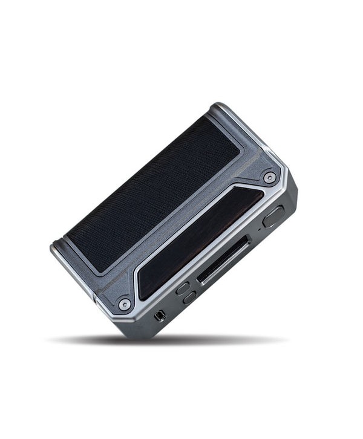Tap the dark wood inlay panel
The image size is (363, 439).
pos(200,242)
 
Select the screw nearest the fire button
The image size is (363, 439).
pos(270,177)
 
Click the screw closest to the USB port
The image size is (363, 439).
pos(125,304)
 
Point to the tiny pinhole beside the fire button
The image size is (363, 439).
pos(260,229)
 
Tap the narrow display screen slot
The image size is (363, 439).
pos(224,261)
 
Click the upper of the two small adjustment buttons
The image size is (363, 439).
pos(182,288)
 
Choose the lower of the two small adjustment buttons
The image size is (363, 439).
pos(190,297)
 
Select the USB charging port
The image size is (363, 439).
pos(160,315)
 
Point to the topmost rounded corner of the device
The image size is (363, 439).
pos(220,106)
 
